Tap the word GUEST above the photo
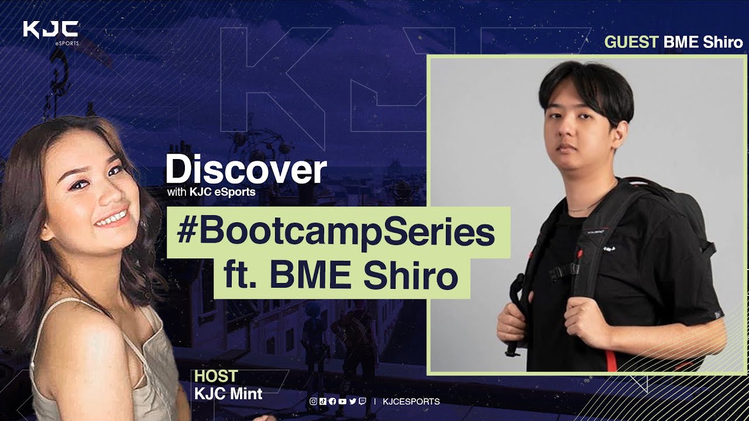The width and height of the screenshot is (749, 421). pos(631,42)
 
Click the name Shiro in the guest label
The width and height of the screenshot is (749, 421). pos(723,42)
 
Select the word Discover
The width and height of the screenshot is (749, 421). pos(246,169)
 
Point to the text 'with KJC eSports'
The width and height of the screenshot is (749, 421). pos(211,192)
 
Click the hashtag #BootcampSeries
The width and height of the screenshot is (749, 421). pos(336,233)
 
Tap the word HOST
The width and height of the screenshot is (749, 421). pos(216,376)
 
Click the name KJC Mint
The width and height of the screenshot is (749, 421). pos(228,394)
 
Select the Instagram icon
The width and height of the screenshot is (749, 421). pos(313,401)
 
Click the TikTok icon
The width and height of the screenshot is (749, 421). pos(322,401)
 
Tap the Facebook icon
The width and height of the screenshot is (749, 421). pos(332,401)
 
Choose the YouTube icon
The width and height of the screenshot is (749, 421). pos(342,401)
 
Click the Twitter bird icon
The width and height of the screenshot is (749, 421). pos(352,401)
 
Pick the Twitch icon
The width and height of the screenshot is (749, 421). pos(362,401)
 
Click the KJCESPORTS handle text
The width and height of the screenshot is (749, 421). pos(411,401)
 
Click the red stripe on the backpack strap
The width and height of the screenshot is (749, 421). pos(610,361)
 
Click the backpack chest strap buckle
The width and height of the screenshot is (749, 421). pos(574,269)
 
